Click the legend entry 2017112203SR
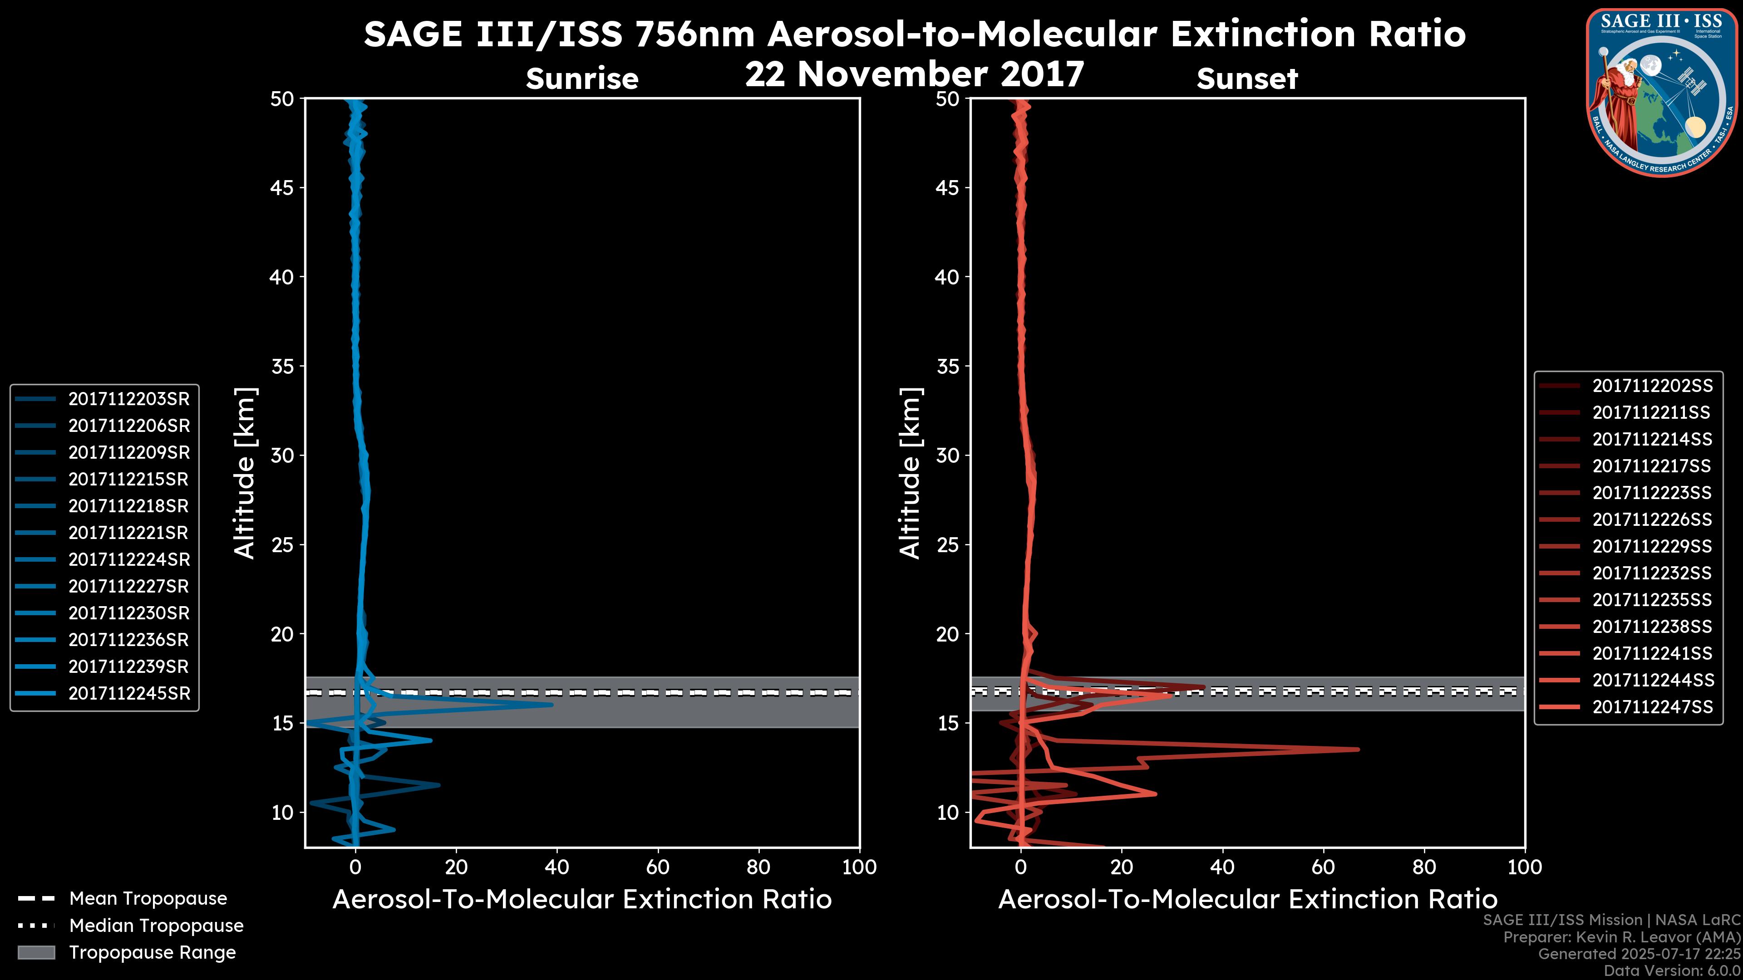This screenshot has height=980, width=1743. pos(128,399)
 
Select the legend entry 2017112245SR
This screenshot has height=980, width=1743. pos(128,693)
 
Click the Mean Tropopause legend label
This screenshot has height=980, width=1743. pos(148,898)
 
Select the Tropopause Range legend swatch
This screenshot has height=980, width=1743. pos(36,952)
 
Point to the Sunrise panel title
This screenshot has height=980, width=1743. pos(582,79)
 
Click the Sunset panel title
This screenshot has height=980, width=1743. pos(1247,79)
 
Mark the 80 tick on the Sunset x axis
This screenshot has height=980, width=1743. pos(1424,867)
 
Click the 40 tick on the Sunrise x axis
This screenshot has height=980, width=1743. pos(557,867)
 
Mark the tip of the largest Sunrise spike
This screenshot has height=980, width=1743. pos(552,705)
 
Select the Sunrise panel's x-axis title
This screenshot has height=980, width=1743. pos(582,900)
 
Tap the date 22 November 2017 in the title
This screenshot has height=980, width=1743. pos(914,74)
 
